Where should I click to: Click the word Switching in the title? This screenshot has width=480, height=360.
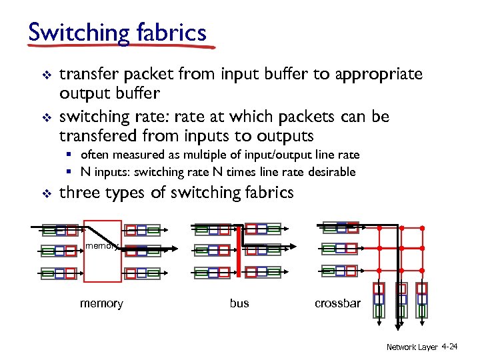tap(73, 32)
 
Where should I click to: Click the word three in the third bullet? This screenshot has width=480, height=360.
tap(78, 193)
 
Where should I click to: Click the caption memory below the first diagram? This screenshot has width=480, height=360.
tap(101, 303)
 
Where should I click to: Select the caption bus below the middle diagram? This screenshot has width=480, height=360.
tap(239, 303)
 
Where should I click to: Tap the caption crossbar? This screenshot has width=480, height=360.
tap(337, 303)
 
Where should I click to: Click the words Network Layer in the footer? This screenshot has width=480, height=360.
tap(412, 347)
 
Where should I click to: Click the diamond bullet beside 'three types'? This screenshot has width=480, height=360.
tap(45, 194)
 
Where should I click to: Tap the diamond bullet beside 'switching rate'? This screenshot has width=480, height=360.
tap(45, 117)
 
